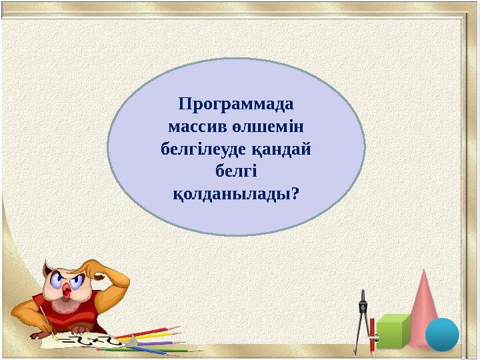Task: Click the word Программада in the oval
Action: coord(237,105)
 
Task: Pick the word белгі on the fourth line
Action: coord(237,171)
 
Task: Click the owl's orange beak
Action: coord(67,290)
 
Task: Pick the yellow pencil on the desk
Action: coord(153,336)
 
